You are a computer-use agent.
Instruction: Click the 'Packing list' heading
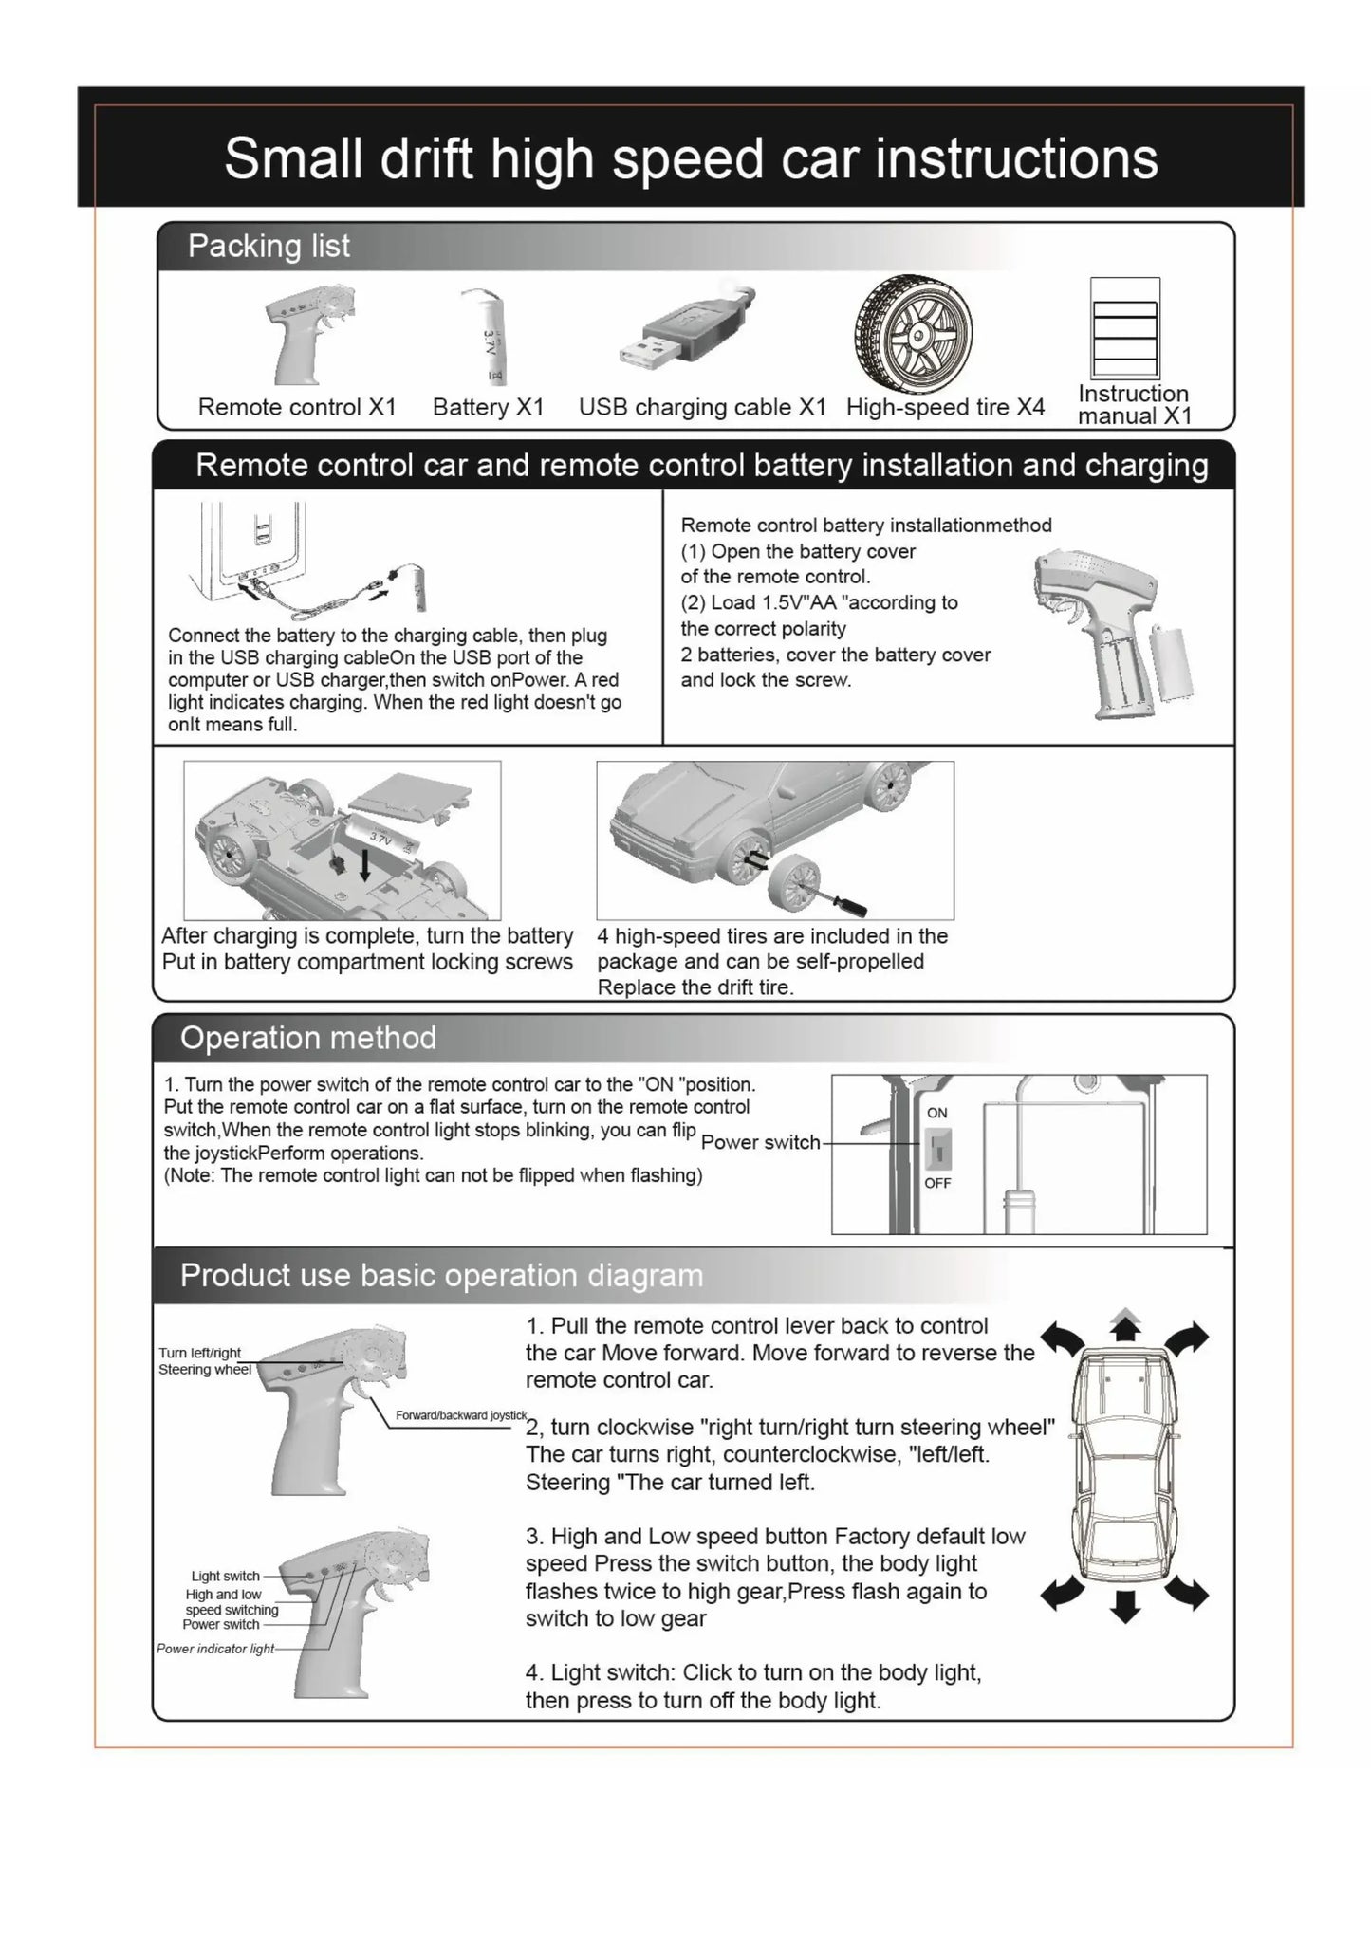[269, 247]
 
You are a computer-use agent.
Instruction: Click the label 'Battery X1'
[489, 408]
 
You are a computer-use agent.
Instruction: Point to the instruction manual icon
[1125, 327]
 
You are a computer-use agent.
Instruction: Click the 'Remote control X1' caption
[297, 408]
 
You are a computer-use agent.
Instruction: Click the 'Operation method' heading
[308, 1038]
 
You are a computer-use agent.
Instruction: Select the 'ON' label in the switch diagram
[937, 1113]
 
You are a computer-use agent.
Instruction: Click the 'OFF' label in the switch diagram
[937, 1183]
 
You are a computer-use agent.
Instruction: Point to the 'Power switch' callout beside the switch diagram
[760, 1143]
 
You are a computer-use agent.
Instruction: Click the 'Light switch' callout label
[226, 1577]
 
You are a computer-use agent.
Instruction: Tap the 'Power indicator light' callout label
[215, 1649]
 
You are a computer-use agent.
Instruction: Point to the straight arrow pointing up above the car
[1125, 1326]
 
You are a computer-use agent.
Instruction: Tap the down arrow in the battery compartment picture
[364, 863]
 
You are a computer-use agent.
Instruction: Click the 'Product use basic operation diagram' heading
[441, 1276]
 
